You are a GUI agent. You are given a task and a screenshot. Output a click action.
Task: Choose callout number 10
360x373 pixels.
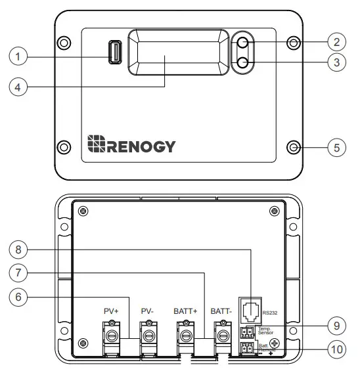pos(336,350)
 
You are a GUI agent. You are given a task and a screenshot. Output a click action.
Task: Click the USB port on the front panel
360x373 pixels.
pos(115,53)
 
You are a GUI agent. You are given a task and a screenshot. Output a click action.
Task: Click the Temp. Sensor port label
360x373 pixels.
pos(266,330)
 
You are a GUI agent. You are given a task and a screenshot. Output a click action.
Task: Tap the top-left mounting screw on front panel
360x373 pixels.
pos(63,43)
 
